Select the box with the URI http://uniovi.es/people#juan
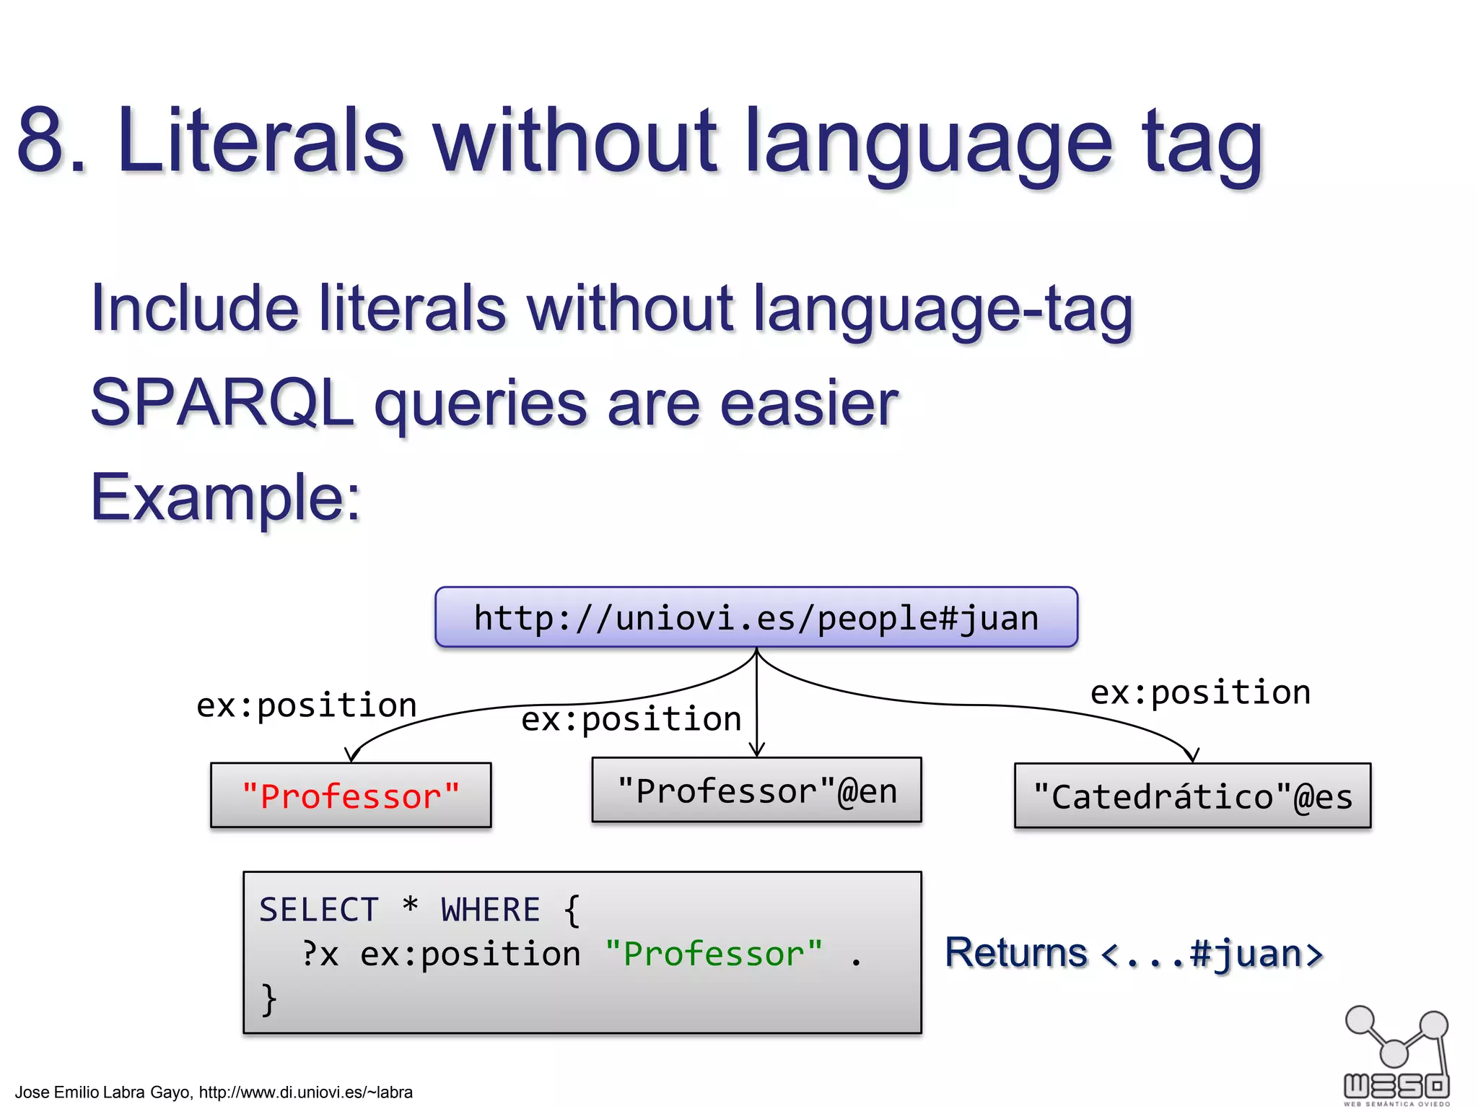point(756,618)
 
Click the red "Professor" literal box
point(351,796)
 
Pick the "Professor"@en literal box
point(756,791)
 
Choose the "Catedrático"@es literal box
point(1192,796)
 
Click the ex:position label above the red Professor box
point(307,705)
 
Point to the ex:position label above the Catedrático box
point(1200,692)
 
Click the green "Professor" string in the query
point(714,954)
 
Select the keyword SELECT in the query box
point(319,910)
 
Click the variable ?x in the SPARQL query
point(320,954)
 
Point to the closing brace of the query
point(268,1000)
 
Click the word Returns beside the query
point(1015,953)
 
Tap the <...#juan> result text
point(1212,954)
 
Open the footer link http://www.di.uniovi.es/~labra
point(305,1092)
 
